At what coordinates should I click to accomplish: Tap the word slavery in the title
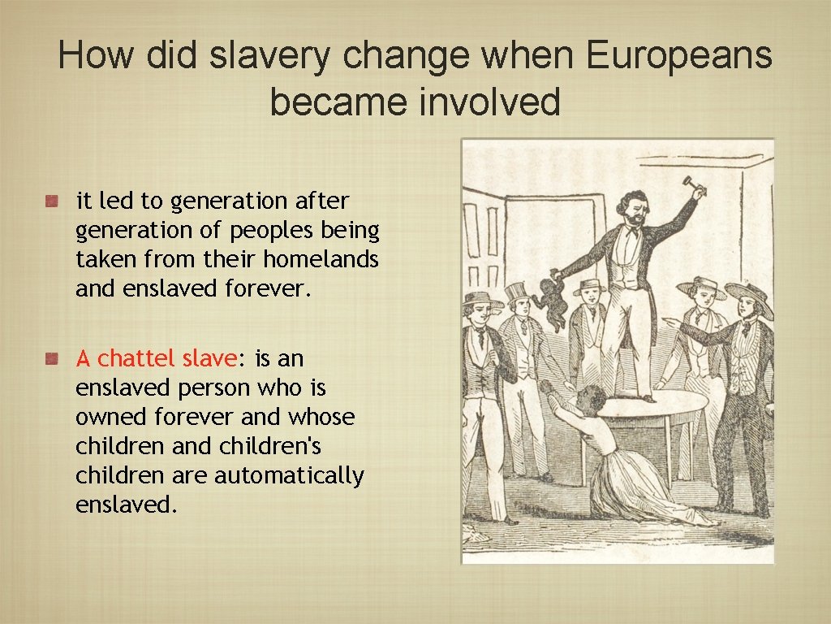point(269,56)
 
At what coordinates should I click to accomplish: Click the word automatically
point(289,475)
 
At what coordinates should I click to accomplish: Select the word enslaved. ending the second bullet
point(126,505)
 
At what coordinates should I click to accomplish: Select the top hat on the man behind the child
point(516,292)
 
